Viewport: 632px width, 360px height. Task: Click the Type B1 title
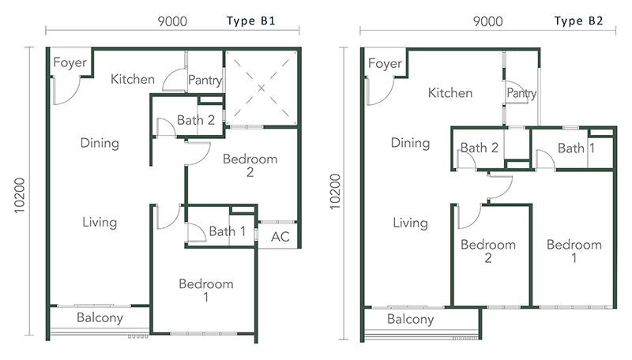[250, 21]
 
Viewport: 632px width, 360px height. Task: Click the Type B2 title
[578, 21]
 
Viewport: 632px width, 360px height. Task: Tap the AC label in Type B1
[280, 237]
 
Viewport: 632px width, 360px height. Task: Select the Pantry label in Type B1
[205, 81]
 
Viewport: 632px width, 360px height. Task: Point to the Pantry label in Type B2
[521, 93]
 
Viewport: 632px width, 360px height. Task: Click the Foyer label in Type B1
[70, 62]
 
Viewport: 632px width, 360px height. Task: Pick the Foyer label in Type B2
[385, 64]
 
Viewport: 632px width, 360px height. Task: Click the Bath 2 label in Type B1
[195, 120]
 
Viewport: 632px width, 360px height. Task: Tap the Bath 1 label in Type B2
[577, 148]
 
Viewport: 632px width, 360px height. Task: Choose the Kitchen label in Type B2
[450, 93]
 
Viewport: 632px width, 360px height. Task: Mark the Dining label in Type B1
[100, 144]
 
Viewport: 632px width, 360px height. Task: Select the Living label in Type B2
[410, 223]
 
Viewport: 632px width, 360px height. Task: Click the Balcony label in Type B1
[100, 317]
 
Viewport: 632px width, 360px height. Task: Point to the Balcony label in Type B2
[410, 319]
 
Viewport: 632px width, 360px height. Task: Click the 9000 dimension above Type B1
[172, 21]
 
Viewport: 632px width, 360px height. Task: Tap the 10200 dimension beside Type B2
[335, 192]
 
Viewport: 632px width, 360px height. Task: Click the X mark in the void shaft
[261, 88]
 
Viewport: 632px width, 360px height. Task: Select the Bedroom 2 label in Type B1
[250, 166]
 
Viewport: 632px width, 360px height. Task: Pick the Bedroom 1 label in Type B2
[574, 251]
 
